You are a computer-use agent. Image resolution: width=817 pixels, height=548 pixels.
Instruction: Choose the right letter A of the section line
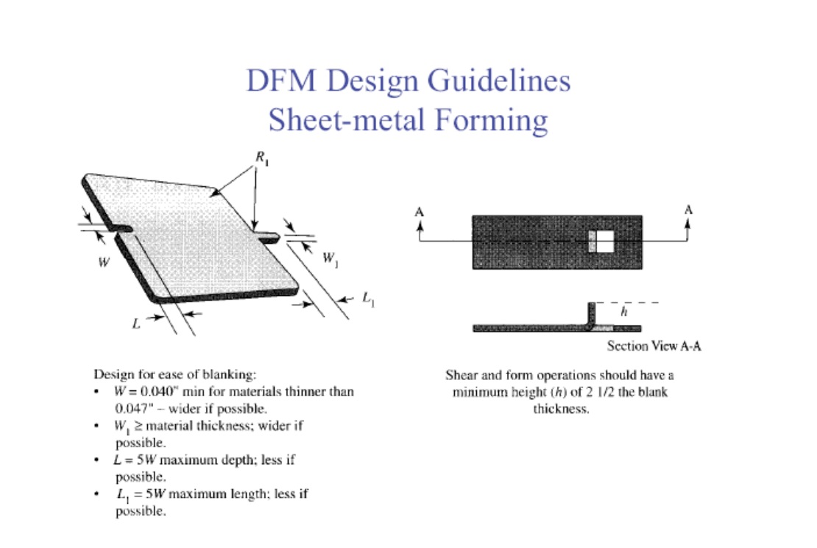coord(688,210)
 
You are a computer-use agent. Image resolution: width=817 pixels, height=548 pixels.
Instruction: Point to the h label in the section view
coord(624,312)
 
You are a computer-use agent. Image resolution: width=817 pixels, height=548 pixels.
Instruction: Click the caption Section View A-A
coord(654,346)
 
